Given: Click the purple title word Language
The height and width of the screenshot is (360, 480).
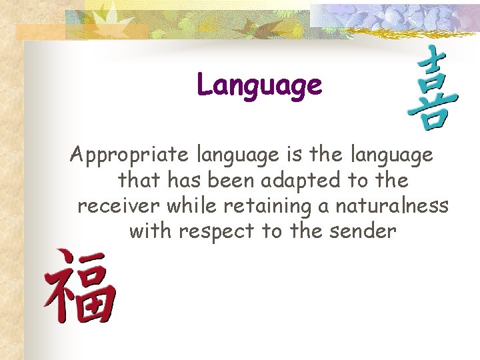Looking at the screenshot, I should (x=259, y=85).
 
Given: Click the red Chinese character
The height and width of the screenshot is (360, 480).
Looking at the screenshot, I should (x=80, y=286).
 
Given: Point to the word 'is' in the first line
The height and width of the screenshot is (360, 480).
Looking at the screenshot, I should (x=294, y=155).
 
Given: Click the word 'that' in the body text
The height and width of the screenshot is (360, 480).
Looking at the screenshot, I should (x=137, y=181).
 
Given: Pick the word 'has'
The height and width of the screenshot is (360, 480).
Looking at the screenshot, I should (x=184, y=181).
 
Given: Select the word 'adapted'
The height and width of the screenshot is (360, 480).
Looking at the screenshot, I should (x=305, y=181).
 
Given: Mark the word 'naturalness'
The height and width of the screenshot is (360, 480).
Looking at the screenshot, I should (x=391, y=206).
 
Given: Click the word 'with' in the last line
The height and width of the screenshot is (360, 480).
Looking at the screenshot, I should (x=150, y=231).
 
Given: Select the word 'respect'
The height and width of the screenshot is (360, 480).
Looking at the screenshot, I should (x=214, y=232).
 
